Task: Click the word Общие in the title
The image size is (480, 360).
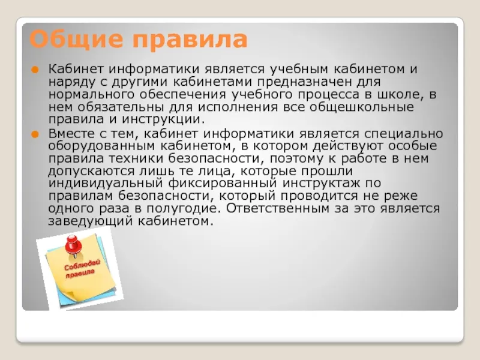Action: click(x=76, y=40)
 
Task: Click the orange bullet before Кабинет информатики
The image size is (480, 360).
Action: click(x=35, y=70)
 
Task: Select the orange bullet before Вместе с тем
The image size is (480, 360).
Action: click(x=35, y=134)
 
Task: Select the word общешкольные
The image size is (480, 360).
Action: click(x=362, y=107)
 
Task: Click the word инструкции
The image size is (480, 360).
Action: click(x=163, y=119)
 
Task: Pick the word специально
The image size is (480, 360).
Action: click(x=404, y=134)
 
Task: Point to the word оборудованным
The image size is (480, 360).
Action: click(x=101, y=146)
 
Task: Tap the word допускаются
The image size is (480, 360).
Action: click(x=91, y=172)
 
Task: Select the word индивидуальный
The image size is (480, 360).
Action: click(x=106, y=184)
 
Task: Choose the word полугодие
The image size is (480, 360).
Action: click(x=184, y=209)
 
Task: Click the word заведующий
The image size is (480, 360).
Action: click(x=91, y=221)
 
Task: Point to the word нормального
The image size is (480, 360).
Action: click(x=91, y=95)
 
